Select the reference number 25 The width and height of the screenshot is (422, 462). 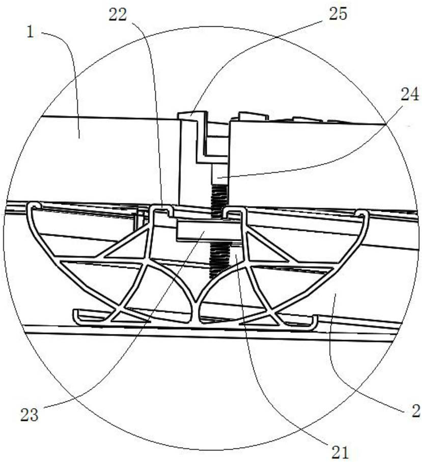click(337, 14)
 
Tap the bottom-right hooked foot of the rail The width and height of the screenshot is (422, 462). click(313, 322)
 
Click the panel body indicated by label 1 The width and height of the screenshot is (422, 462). click(102, 153)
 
